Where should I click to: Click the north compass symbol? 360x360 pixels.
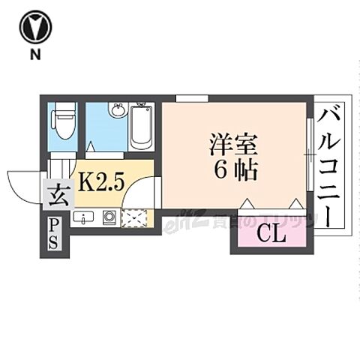[x=36, y=28]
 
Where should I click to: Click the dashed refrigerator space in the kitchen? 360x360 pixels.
[x=135, y=218]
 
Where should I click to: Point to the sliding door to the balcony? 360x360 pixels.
[x=309, y=154]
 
